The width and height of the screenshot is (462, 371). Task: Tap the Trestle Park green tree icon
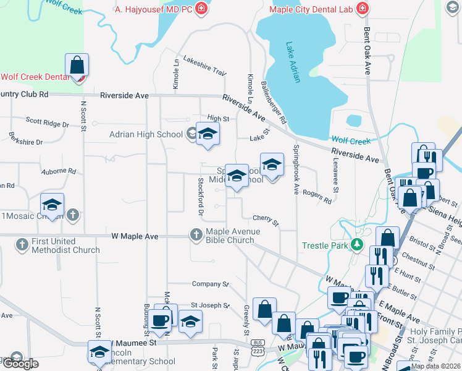click(x=356, y=245)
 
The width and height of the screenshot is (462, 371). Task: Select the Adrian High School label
click(x=146, y=134)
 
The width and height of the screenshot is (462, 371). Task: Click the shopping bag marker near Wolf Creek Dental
click(x=77, y=66)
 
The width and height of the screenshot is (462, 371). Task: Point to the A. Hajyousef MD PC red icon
click(x=201, y=9)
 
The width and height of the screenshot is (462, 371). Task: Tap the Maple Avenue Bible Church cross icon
click(x=196, y=234)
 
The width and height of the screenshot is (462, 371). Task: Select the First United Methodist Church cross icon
click(x=22, y=243)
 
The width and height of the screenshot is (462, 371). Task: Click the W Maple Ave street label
click(x=135, y=236)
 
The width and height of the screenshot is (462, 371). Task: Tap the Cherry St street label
click(x=266, y=220)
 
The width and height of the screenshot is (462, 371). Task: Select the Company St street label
click(x=210, y=284)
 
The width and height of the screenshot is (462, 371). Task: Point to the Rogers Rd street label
click(x=317, y=197)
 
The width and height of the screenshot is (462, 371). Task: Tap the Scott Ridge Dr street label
click(x=47, y=122)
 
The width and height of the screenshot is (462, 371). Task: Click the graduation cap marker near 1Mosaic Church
click(x=52, y=205)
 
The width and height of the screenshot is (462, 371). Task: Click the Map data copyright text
click(x=435, y=366)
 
